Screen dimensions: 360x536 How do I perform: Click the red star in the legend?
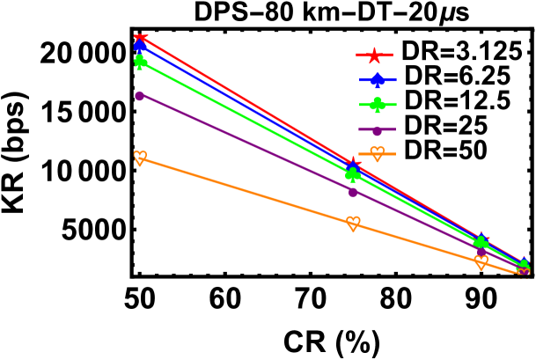[374, 55]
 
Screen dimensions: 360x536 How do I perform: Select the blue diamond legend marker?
[378, 80]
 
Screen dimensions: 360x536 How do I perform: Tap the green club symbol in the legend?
[378, 105]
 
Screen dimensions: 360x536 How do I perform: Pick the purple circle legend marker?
[378, 130]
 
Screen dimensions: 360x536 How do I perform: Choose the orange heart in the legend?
[378, 154]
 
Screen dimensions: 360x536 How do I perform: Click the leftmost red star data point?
[140, 37]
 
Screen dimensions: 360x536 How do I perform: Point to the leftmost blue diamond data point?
[140, 46]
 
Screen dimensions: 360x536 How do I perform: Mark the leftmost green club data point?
[140, 61]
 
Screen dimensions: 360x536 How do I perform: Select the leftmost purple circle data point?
[140, 96]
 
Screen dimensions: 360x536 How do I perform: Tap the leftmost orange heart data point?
[140, 158]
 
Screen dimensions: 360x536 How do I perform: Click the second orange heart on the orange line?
[353, 223]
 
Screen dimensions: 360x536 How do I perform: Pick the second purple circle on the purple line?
[353, 192]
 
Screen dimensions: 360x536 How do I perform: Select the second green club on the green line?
[353, 173]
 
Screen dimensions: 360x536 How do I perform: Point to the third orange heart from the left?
[481, 261]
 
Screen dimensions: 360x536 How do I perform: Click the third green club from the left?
[481, 242]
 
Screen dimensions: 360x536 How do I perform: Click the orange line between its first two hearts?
[246, 190]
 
